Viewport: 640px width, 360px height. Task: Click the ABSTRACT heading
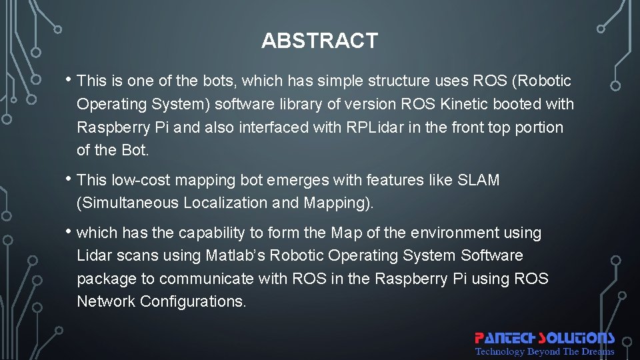pos(319,41)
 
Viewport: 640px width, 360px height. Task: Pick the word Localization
pos(226,203)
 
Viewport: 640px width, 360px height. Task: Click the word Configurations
pos(193,301)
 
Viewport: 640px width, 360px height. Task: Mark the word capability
pos(214,233)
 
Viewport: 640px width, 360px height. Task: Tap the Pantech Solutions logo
pos(544,338)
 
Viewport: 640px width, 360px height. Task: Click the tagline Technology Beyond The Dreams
pos(544,351)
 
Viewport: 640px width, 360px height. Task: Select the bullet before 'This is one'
pos(69,81)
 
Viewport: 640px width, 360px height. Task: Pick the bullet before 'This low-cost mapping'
pos(69,179)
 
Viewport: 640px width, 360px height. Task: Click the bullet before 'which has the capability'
pos(69,232)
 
